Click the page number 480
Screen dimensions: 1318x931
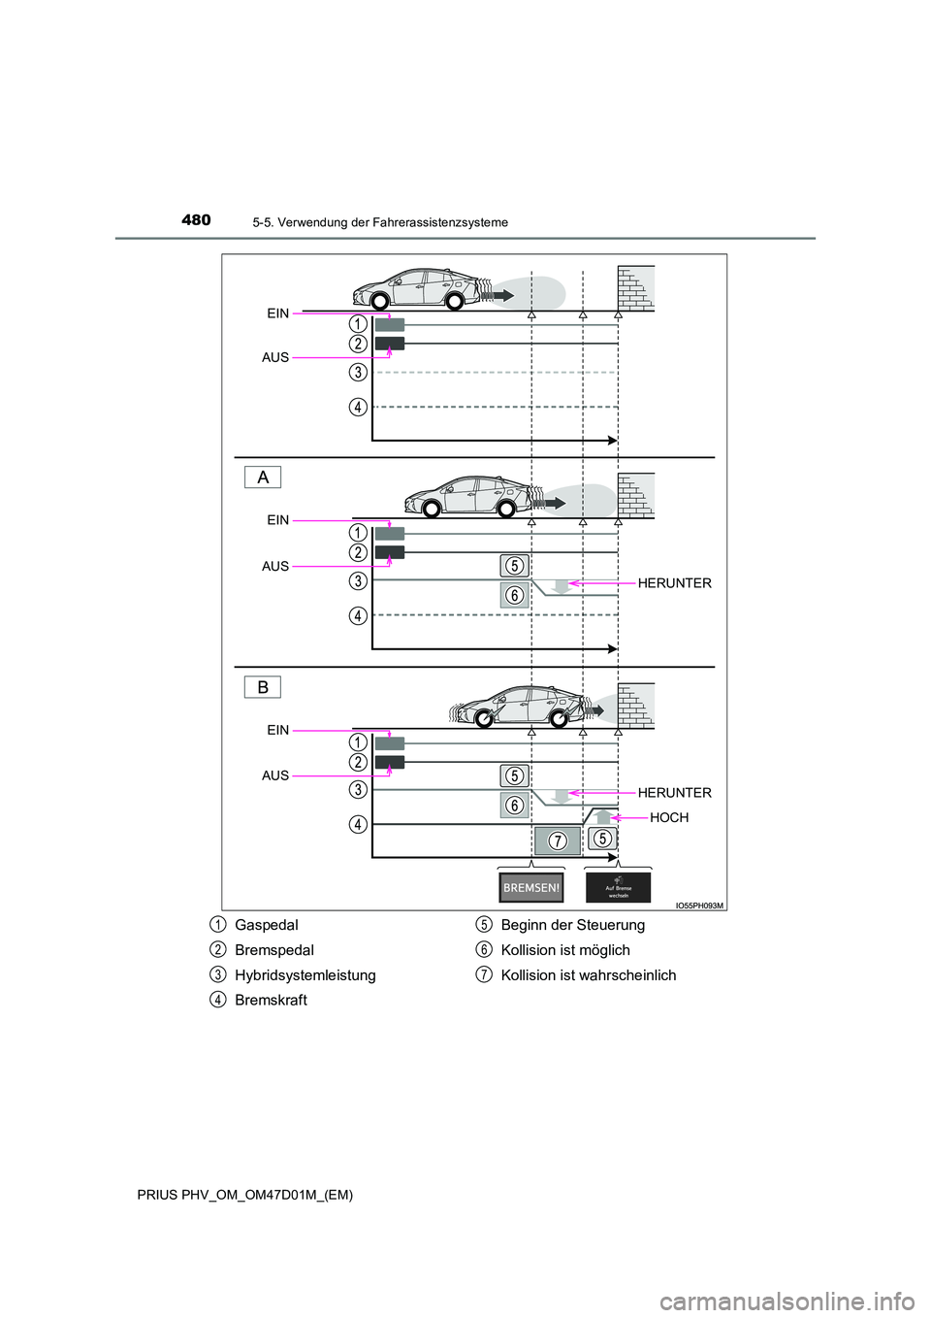196,220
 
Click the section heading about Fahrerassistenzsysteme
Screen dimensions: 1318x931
379,222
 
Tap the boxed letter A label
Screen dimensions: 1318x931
262,478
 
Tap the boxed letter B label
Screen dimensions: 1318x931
262,687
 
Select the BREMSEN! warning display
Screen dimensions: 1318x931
530,887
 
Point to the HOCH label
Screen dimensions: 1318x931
669,817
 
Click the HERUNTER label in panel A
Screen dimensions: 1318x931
674,583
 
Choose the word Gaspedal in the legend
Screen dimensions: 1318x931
267,925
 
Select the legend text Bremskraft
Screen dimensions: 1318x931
271,1000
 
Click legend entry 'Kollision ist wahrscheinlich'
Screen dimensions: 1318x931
589,974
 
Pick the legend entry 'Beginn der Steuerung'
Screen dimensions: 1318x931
572,925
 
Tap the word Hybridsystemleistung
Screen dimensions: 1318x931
305,974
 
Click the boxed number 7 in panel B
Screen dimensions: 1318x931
558,840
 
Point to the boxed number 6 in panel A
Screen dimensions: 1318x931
514,595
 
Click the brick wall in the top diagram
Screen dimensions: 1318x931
636,287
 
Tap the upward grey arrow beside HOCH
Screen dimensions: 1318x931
603,816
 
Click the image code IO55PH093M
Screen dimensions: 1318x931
698,905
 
